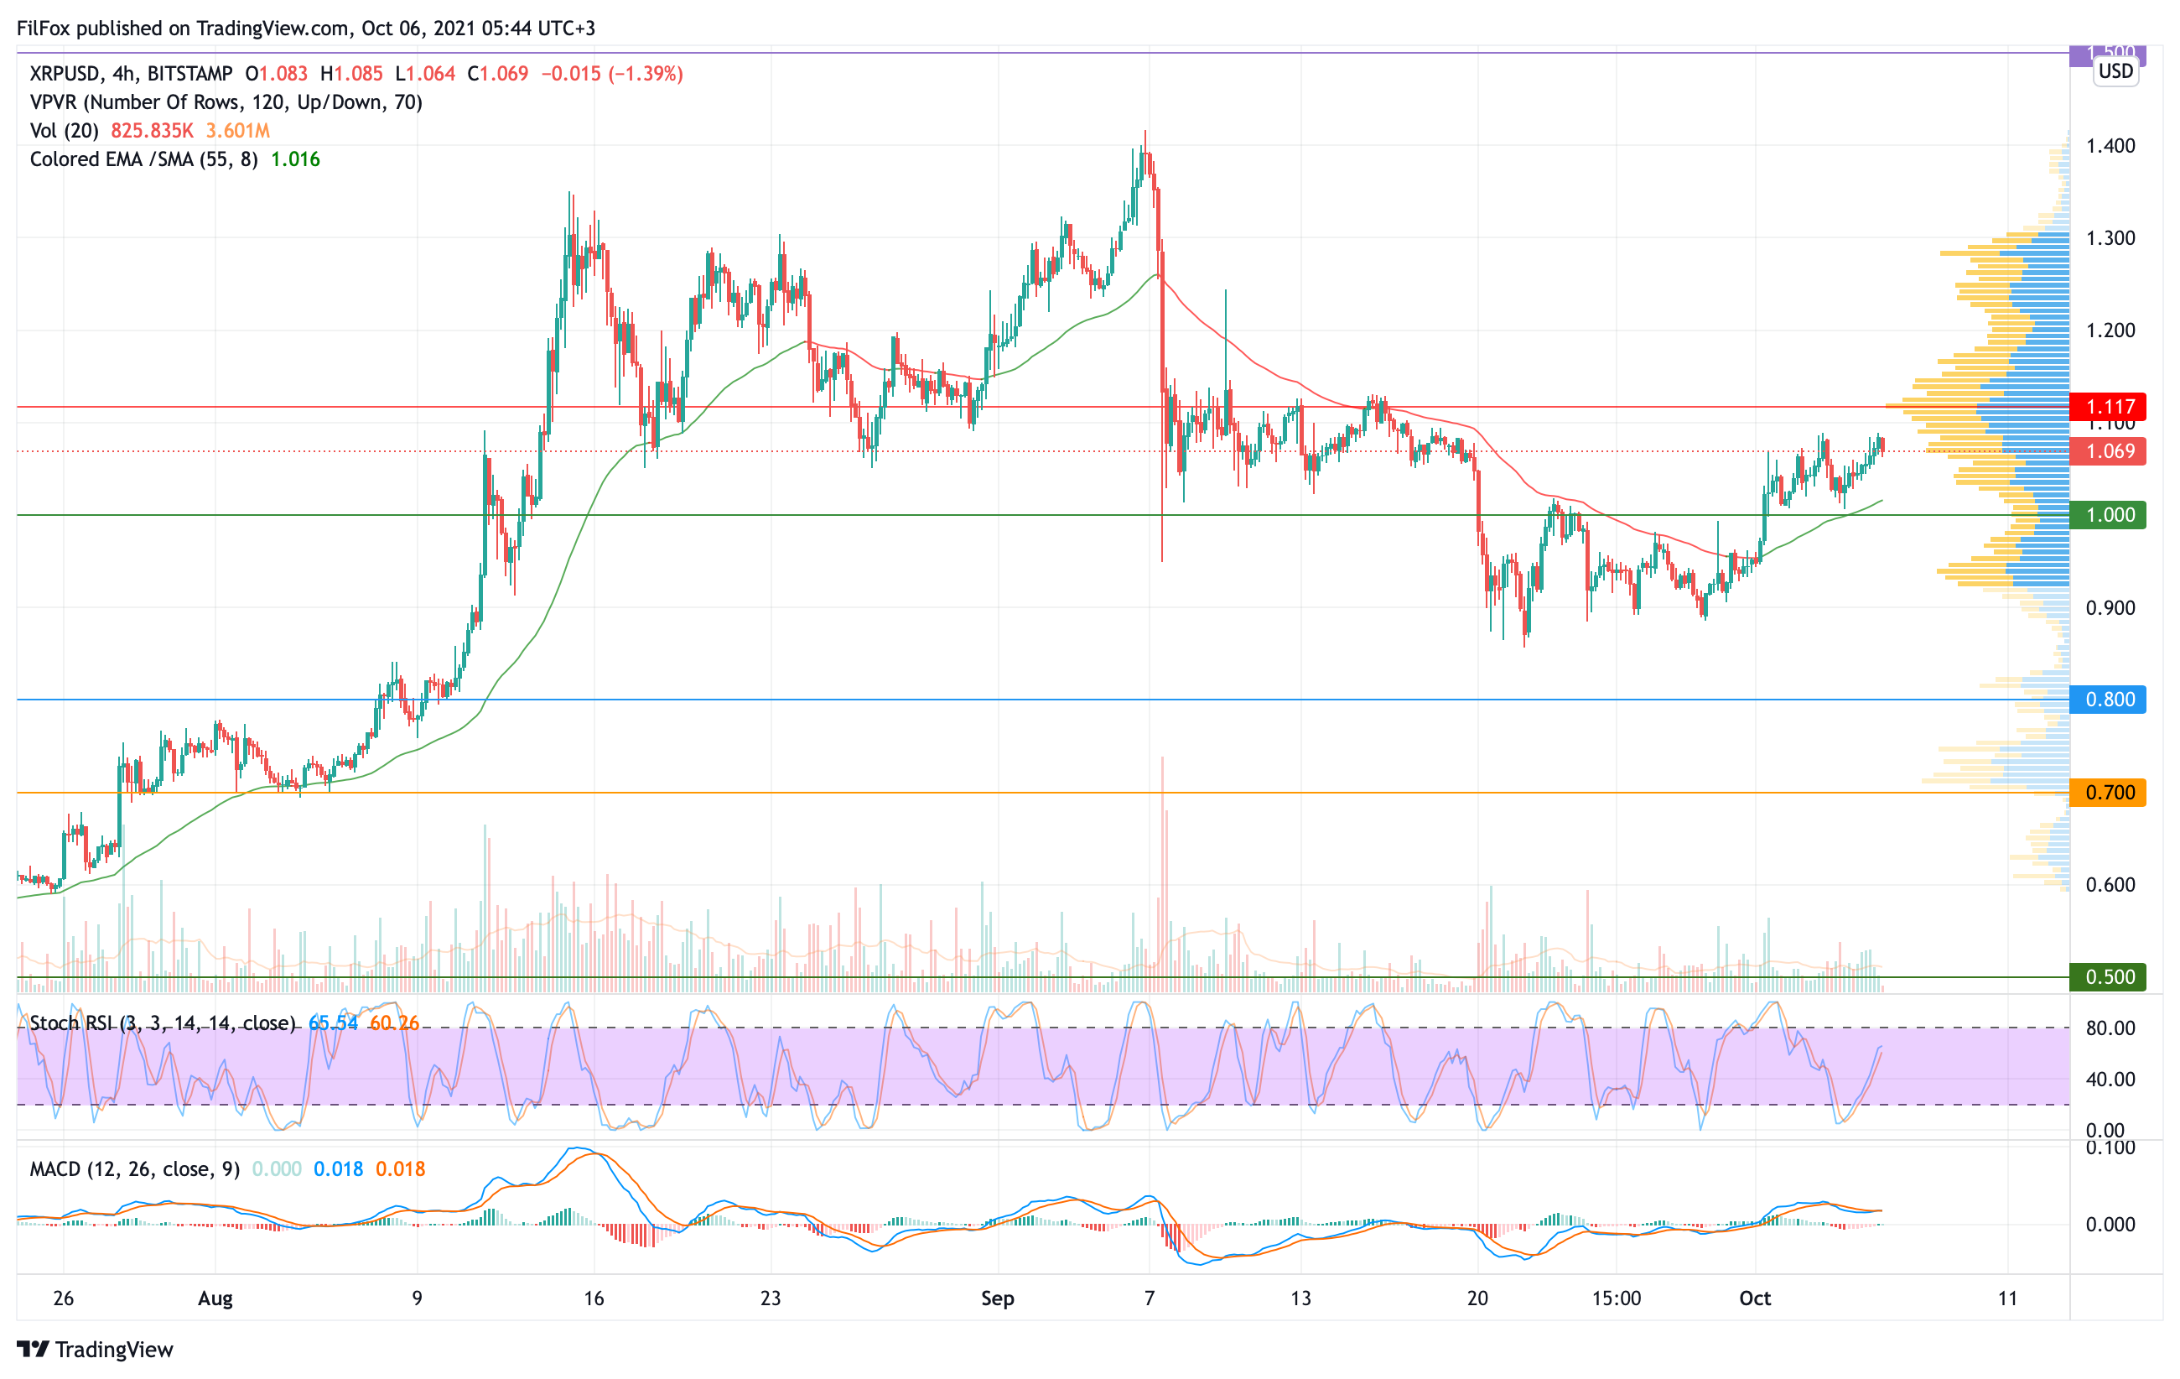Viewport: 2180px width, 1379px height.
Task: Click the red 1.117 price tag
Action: click(2110, 407)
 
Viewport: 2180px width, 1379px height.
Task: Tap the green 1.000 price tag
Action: click(2110, 515)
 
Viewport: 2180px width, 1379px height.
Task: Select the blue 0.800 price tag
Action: click(2110, 699)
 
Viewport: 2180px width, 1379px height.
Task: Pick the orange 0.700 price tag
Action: click(2110, 793)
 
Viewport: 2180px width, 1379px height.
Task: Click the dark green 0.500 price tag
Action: click(2110, 977)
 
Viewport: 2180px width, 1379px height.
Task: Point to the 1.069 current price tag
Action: click(2110, 451)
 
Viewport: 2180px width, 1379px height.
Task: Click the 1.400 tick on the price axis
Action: click(2110, 146)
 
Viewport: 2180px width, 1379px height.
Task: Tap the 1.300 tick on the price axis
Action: click(2110, 238)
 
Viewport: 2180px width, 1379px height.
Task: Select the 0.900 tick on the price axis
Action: click(2110, 607)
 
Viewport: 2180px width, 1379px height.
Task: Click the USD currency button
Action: click(2115, 71)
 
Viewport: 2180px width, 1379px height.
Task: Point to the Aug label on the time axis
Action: click(215, 1298)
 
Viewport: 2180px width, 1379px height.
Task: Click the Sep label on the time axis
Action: click(998, 1298)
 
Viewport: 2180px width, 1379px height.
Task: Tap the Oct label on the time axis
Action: click(1755, 1298)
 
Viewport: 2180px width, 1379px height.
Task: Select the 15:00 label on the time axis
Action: click(1616, 1298)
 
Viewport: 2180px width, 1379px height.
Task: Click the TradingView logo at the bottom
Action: click(95, 1349)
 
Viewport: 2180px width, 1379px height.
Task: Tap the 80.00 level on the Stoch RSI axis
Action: click(2110, 1028)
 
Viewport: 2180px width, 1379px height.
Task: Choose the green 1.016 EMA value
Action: click(295, 159)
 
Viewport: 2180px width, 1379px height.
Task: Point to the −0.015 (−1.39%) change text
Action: click(612, 73)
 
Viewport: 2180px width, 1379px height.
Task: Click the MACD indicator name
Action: click(56, 1169)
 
